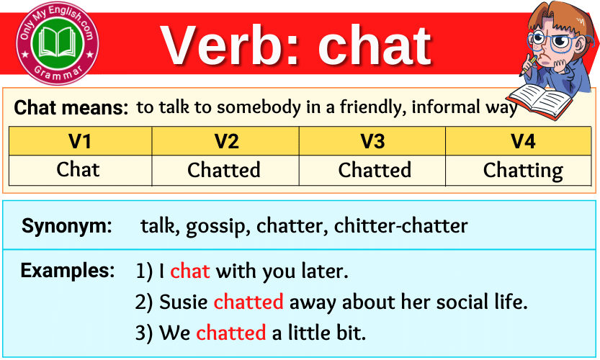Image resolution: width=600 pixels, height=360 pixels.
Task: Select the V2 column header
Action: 226,141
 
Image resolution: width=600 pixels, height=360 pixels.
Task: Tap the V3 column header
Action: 372,141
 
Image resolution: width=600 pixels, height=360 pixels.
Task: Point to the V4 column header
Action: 523,141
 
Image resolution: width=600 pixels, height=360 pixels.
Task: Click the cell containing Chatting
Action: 523,171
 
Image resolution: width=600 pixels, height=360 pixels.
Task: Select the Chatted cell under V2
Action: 224,171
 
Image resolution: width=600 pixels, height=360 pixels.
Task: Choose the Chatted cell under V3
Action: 375,171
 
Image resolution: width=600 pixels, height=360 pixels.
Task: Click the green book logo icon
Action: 58,42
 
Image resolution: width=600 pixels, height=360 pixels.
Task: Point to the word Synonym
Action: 67,226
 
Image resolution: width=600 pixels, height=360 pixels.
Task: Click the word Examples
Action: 67,271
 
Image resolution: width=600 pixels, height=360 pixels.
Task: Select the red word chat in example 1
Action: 190,271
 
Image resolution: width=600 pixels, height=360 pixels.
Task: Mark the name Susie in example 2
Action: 184,302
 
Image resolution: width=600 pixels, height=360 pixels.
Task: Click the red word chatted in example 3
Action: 230,333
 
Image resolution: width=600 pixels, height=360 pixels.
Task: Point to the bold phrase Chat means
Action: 71,109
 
